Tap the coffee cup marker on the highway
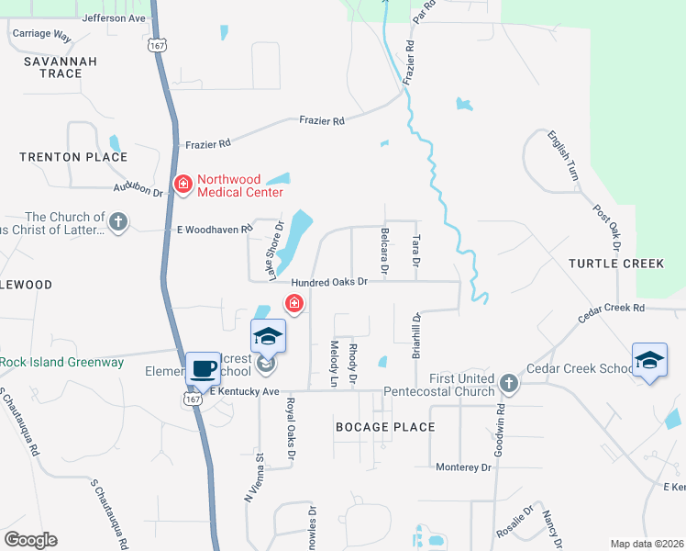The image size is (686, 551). (204, 369)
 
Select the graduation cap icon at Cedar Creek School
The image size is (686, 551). (649, 360)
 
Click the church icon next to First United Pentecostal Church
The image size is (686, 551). (509, 379)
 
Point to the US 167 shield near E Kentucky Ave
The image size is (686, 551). (193, 399)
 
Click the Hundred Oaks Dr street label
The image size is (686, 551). (329, 282)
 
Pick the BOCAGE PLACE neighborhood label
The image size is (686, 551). (385, 427)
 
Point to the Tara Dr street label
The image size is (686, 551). (416, 251)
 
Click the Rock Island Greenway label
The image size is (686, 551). (61, 362)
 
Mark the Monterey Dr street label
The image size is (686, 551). (464, 467)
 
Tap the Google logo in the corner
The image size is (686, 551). (31, 540)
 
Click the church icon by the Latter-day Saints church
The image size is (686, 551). (117, 221)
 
